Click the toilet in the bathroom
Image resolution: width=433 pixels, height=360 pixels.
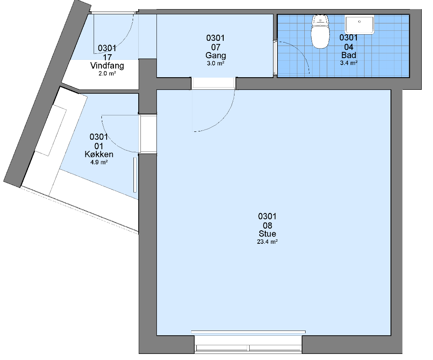point(320,32)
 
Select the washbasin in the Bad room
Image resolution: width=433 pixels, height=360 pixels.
point(359,25)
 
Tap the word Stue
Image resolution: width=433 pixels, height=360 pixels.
point(267,234)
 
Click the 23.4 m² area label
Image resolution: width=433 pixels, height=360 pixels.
point(267,242)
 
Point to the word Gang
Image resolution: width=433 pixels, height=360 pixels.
point(216,56)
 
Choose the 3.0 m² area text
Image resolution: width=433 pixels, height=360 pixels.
point(216,64)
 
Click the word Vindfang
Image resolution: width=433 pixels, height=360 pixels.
point(107,66)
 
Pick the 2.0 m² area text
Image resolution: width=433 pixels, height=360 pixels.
point(107,74)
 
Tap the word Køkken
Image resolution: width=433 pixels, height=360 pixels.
point(99,154)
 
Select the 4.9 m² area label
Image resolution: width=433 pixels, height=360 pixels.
point(99,163)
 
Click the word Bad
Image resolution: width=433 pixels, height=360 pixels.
point(348,55)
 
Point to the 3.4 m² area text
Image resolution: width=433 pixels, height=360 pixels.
point(348,63)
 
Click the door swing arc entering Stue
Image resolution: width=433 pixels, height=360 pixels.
point(223,120)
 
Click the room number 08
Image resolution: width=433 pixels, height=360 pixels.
point(267,226)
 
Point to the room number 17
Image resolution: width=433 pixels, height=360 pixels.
point(107,57)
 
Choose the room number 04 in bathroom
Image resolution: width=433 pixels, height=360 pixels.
point(348,47)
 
